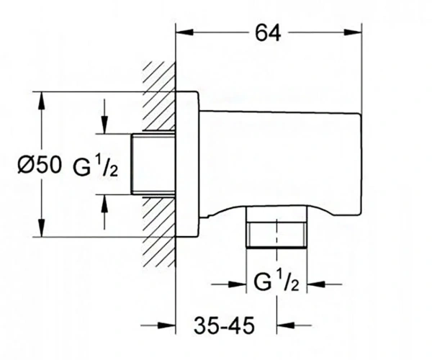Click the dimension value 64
[268, 33]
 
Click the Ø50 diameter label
[39, 165]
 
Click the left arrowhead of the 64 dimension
[184, 32]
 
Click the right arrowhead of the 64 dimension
[353, 32]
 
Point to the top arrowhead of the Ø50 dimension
[41, 101]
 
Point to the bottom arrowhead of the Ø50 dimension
[41, 228]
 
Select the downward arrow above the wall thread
[104, 117]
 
